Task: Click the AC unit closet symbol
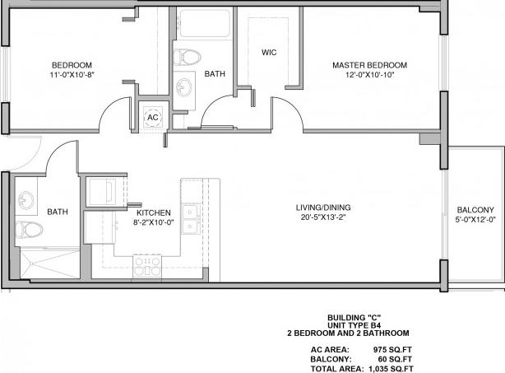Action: coord(152,117)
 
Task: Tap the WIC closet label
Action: coord(268,53)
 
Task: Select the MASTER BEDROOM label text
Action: coord(369,65)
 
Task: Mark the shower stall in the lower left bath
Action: coord(41,262)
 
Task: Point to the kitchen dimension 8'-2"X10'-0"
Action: coord(154,222)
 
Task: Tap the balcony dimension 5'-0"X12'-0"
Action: coord(475,220)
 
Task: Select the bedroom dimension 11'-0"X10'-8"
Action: coord(72,75)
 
